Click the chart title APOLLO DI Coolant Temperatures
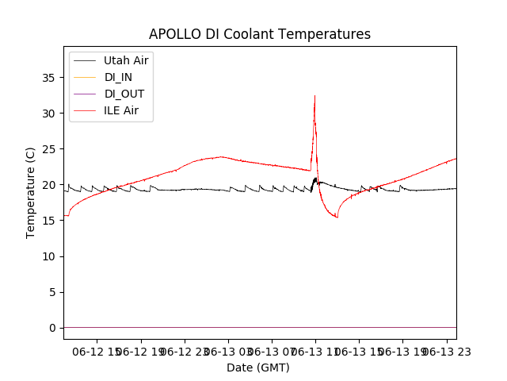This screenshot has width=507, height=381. coord(259,35)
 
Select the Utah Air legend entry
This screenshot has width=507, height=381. coord(126,60)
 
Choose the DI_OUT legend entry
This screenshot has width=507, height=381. coord(124,94)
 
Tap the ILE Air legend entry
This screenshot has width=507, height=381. coord(121,110)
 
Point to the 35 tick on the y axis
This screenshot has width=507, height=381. coord(48,78)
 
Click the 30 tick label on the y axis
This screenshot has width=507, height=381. coord(48,114)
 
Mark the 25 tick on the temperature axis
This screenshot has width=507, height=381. coord(48,149)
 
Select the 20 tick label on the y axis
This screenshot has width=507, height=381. coord(48,185)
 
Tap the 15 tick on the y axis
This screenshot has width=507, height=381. coord(48,221)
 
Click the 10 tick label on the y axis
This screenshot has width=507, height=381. coord(48,256)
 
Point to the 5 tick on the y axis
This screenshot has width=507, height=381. coord(51,292)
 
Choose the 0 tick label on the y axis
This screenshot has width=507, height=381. coord(51,328)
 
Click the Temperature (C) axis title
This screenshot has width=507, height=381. coord(31,192)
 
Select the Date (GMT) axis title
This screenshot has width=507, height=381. coord(258,368)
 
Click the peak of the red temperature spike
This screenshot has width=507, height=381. coord(314,96)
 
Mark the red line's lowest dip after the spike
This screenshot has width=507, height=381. coord(337,217)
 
